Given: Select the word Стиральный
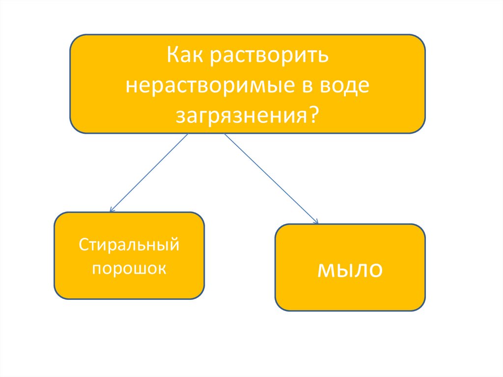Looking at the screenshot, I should pyautogui.click(x=129, y=245).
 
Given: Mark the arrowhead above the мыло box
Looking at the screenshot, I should pyautogui.click(x=316, y=222).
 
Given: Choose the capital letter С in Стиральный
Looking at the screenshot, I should pyautogui.click(x=83, y=244).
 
